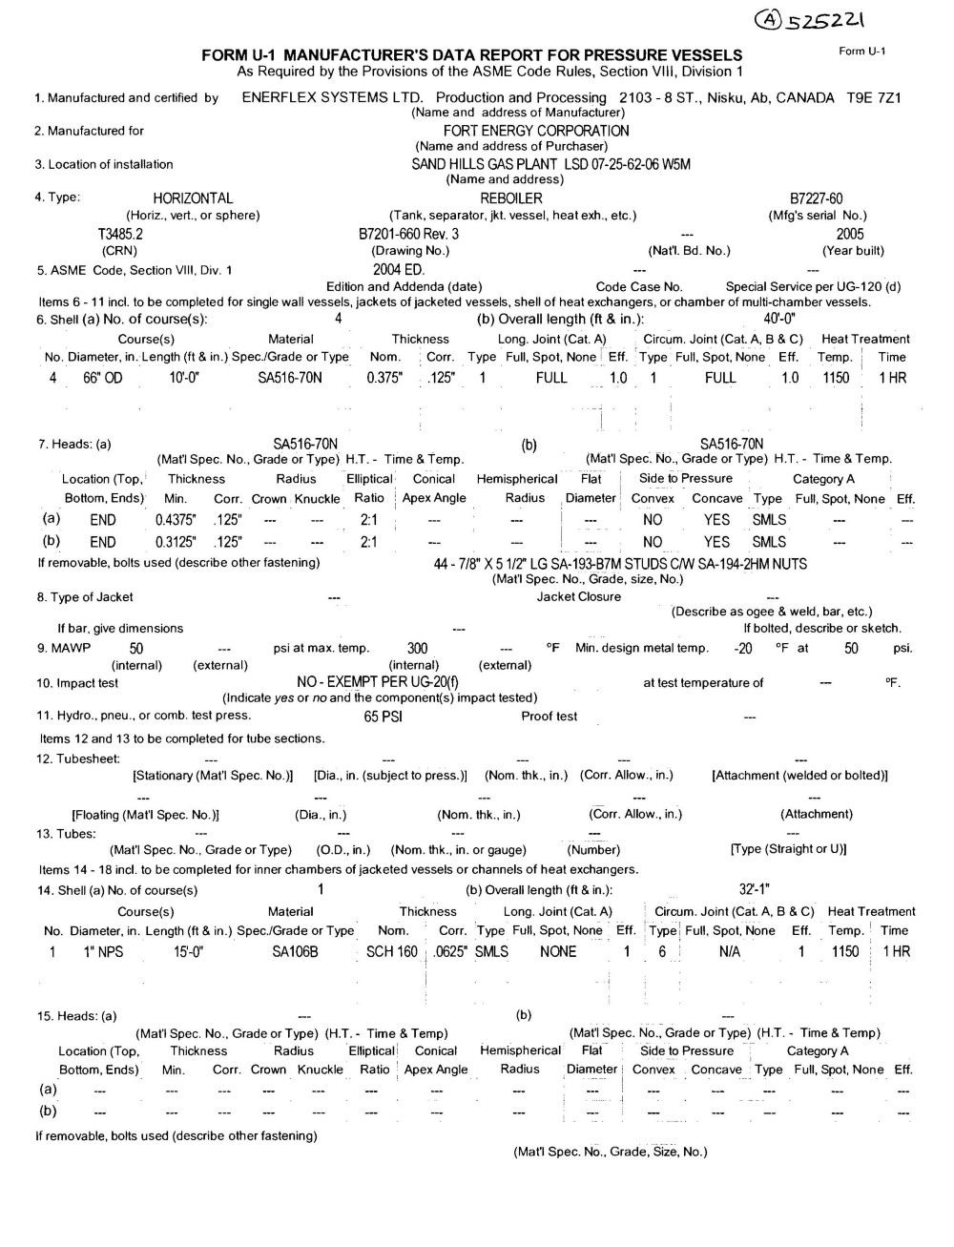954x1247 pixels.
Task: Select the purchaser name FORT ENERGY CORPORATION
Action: (536, 131)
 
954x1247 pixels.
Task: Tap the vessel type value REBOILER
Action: (511, 198)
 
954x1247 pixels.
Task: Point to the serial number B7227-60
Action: (817, 198)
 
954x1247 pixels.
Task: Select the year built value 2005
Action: (850, 234)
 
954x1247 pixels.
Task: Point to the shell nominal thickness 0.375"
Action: (385, 378)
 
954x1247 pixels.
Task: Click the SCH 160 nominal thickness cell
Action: (392, 951)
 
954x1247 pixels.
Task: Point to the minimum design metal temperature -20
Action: (743, 649)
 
